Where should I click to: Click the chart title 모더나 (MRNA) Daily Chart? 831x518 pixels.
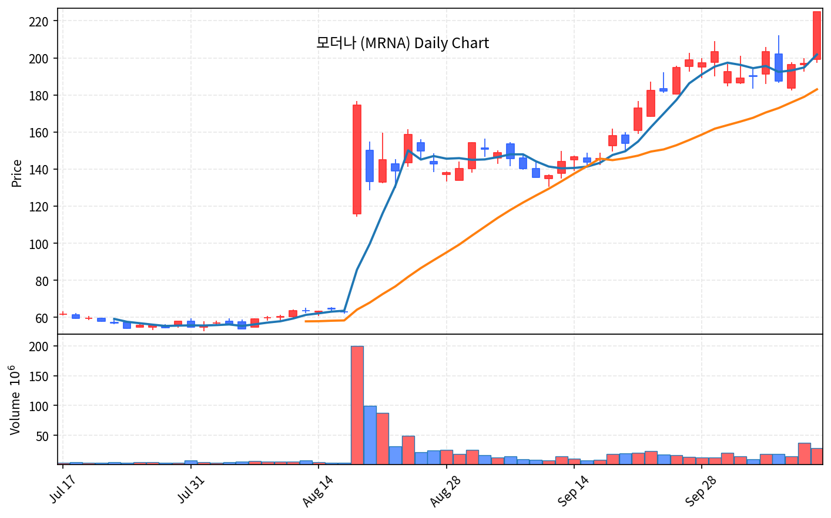coord(403,43)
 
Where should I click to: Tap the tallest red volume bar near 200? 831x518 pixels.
coord(357,405)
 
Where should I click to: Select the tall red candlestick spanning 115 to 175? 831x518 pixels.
coord(357,159)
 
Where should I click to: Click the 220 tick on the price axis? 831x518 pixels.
coord(39,22)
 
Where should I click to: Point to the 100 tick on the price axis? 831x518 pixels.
coord(39,244)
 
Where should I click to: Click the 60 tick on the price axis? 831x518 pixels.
coord(42,318)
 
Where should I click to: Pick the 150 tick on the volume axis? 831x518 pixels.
coord(39,376)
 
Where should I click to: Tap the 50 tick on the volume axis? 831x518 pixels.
coord(42,436)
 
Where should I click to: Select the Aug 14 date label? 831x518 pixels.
coord(317,490)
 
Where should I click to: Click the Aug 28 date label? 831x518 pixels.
coord(445,490)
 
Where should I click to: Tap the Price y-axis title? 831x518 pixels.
coord(16,173)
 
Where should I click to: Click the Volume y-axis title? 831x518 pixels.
coord(15,400)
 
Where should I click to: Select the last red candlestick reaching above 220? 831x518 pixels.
coord(817,36)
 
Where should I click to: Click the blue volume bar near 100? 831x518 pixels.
coord(370,435)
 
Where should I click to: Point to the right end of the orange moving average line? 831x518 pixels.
coord(817,89)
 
